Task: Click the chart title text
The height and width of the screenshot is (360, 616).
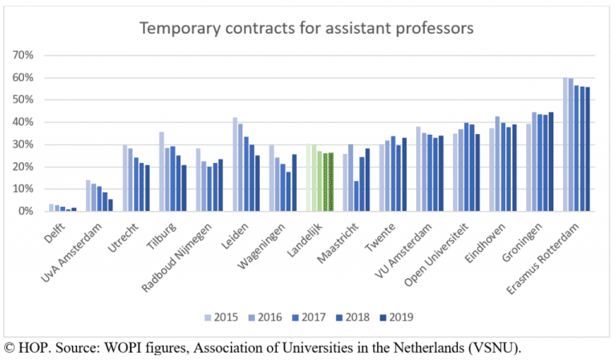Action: [307, 28]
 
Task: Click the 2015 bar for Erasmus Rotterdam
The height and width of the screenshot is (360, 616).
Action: [565, 144]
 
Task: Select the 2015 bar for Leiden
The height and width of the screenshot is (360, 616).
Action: [235, 164]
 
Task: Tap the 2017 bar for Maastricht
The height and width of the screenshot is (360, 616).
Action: [356, 196]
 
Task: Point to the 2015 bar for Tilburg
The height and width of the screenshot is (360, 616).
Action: [161, 172]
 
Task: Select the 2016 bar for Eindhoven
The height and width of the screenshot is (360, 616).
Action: [497, 164]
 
